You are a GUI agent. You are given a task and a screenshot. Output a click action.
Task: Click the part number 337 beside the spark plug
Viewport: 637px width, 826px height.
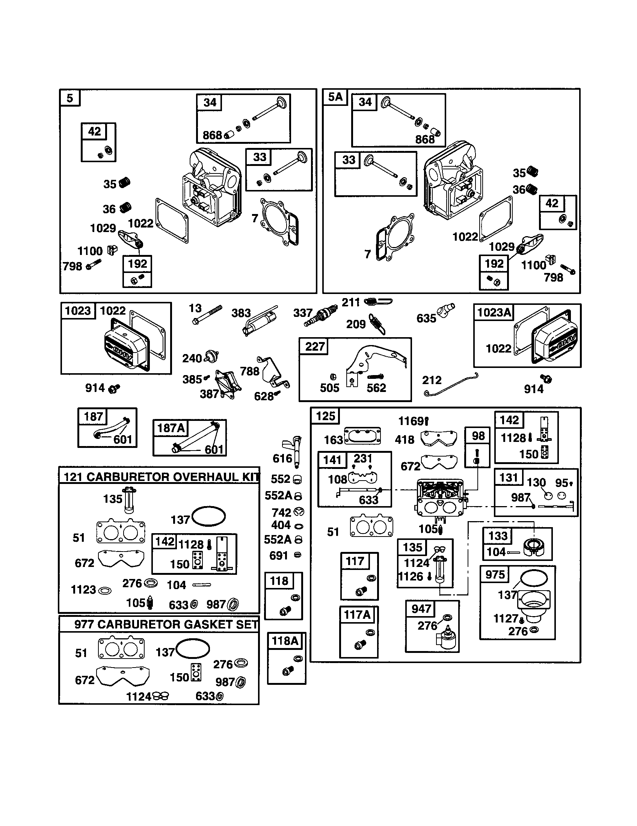point(303,313)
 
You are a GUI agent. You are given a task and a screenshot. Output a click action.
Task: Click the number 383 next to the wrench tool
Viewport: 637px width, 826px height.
point(241,313)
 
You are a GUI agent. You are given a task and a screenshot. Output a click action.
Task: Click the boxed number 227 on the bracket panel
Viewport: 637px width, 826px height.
point(315,347)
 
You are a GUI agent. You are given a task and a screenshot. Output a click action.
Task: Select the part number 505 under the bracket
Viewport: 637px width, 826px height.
point(329,388)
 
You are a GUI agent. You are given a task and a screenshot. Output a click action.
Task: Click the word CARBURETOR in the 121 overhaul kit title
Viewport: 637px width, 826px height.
point(123,477)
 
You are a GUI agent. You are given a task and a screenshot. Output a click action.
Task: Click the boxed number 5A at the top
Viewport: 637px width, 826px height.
point(335,97)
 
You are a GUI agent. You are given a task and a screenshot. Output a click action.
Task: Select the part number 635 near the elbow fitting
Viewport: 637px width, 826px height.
point(426,318)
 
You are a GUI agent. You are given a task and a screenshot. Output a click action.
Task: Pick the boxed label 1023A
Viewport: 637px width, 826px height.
point(494,312)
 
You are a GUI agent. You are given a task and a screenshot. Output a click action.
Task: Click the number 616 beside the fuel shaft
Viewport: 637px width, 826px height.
point(282,458)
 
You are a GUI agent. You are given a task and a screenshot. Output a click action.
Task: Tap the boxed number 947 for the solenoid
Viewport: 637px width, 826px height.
point(421,609)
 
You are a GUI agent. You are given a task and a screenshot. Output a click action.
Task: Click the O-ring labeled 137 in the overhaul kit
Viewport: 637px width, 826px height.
point(208,516)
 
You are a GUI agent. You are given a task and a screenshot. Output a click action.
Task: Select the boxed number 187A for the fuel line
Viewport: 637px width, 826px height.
point(171,428)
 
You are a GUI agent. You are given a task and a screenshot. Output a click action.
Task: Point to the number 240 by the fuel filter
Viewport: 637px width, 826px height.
point(192,358)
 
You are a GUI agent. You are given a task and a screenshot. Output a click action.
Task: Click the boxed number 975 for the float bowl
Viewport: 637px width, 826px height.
point(495,575)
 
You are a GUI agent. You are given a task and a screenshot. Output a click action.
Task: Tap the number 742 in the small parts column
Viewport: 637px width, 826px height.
point(281,512)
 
